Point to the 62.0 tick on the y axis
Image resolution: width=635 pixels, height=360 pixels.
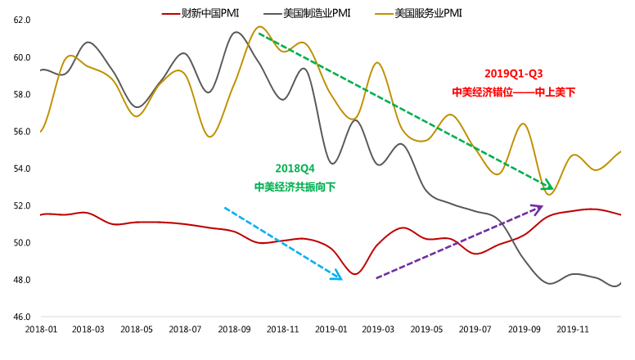pyautogui.click(x=22, y=20)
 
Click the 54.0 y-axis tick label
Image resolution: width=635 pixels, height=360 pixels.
pyautogui.click(x=22, y=169)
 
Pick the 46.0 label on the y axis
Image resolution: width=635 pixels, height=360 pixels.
pyautogui.click(x=22, y=317)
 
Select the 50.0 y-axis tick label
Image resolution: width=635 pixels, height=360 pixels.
pyautogui.click(x=22, y=243)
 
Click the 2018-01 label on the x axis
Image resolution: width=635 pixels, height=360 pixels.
pyautogui.click(x=40, y=329)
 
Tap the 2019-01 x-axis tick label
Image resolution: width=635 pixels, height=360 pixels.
pyautogui.click(x=331, y=329)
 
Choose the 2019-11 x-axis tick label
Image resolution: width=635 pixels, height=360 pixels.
pyautogui.click(x=573, y=329)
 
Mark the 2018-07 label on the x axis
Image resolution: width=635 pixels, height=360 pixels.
pyautogui.click(x=186, y=329)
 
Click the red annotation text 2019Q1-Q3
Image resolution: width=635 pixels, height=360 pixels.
pyautogui.click(x=513, y=74)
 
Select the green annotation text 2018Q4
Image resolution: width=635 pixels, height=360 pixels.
pyautogui.click(x=295, y=169)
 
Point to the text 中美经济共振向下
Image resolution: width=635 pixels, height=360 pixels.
pyautogui.click(x=295, y=187)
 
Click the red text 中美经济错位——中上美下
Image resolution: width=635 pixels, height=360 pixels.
pyautogui.click(x=513, y=92)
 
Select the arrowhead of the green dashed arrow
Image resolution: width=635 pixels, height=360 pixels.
pyautogui.click(x=549, y=187)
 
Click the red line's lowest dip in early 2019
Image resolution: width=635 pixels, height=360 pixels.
pyautogui.click(x=355, y=273)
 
